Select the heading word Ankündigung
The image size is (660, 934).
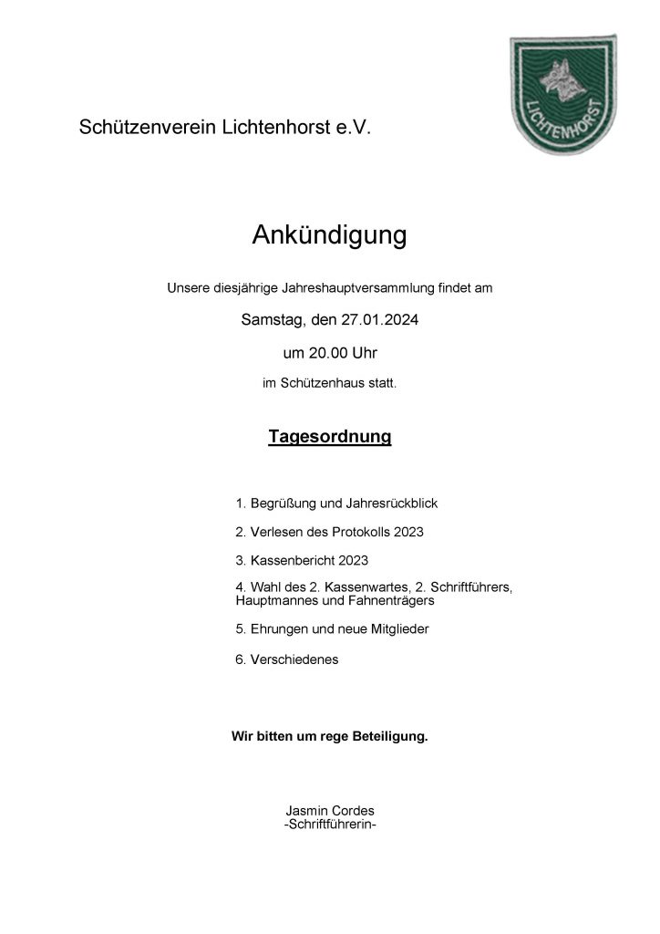point(329,236)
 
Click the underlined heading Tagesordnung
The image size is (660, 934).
point(329,438)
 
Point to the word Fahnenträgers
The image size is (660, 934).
point(387,602)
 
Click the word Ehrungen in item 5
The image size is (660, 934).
point(278,629)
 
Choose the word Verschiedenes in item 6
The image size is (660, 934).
point(294,659)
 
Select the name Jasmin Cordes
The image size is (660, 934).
point(329,811)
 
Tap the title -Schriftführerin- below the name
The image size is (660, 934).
point(329,825)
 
